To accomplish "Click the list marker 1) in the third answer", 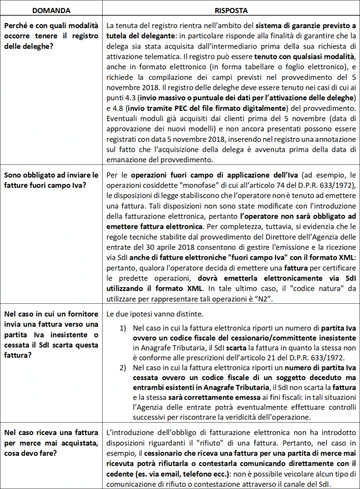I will [123, 329].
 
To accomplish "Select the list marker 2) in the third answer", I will [123, 368].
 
